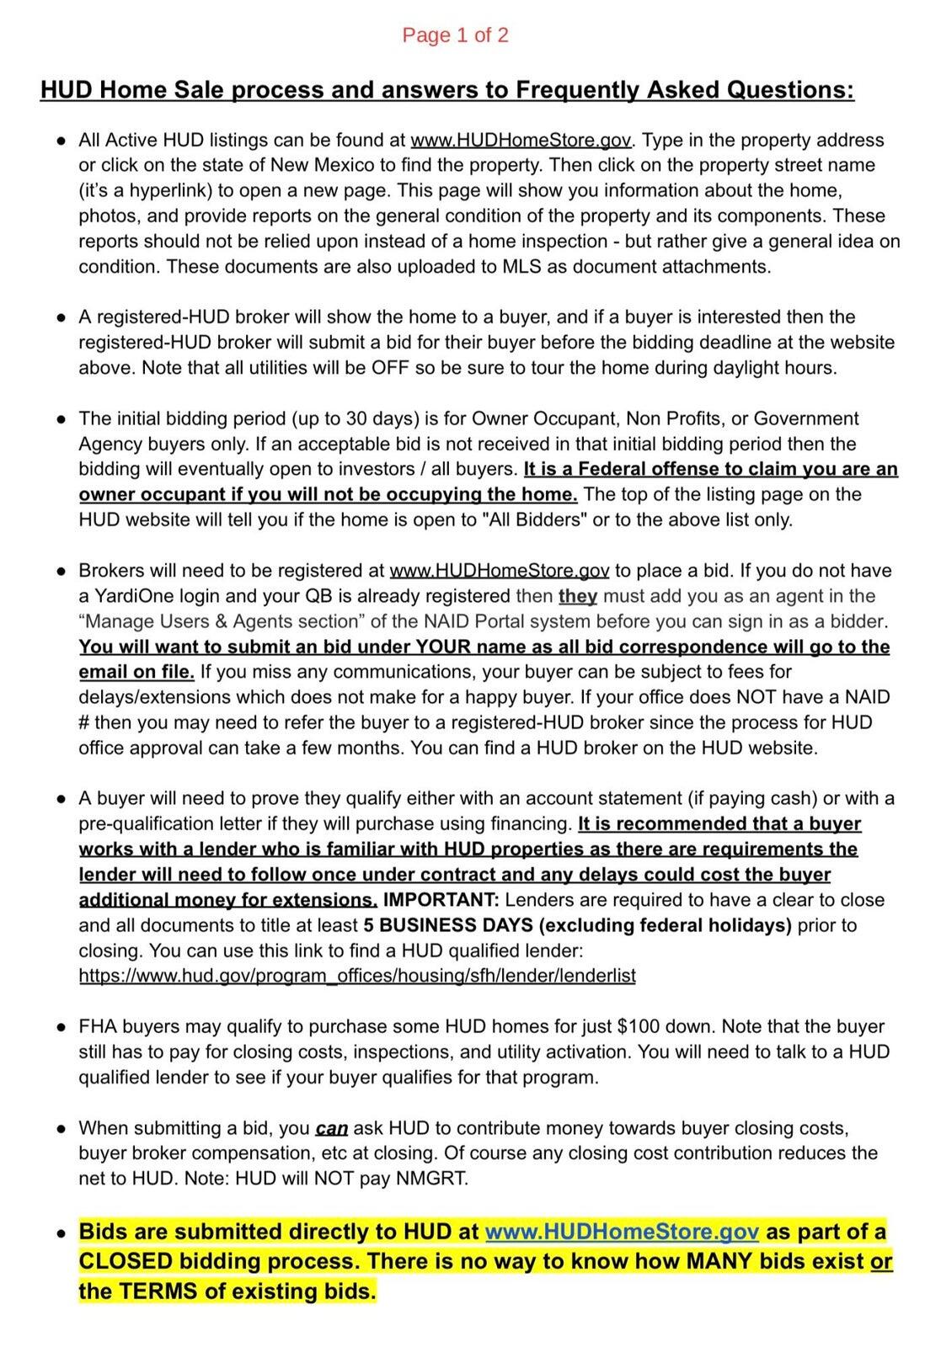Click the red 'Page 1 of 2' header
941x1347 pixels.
[x=455, y=35]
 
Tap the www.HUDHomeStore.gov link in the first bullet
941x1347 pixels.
[x=520, y=141]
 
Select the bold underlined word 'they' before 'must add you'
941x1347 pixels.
[x=578, y=596]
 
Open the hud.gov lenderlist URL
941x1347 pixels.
[x=357, y=976]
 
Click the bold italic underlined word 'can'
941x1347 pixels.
[x=332, y=1128]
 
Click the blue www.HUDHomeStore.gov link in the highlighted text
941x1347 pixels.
[x=623, y=1232]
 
